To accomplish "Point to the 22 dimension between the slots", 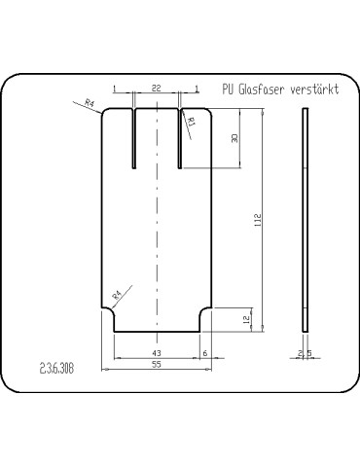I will point(156,90).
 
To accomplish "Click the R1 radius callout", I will point(192,123).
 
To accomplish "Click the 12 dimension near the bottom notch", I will point(246,318).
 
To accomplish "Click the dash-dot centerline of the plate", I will point(157,224).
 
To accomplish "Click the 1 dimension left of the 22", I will point(114,90).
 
